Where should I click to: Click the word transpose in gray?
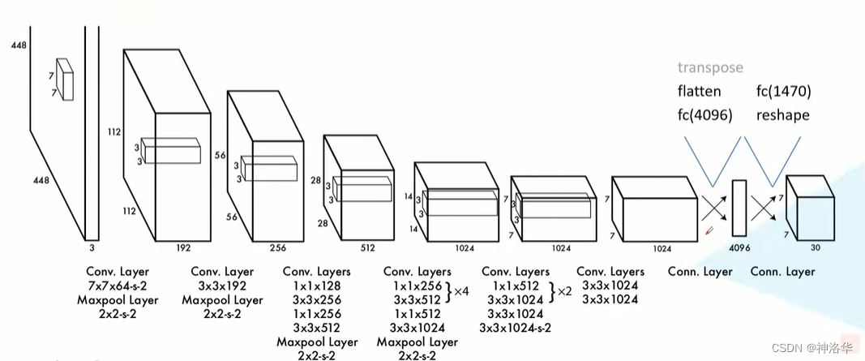pyautogui.click(x=710, y=68)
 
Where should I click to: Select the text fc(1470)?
pyautogui.click(x=783, y=92)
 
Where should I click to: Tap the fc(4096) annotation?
pyautogui.click(x=704, y=115)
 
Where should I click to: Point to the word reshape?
pyautogui.click(x=782, y=115)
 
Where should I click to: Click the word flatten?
pyautogui.click(x=699, y=92)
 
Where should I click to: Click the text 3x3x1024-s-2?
pyautogui.click(x=516, y=328)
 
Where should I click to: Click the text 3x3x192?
pyautogui.click(x=222, y=286)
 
